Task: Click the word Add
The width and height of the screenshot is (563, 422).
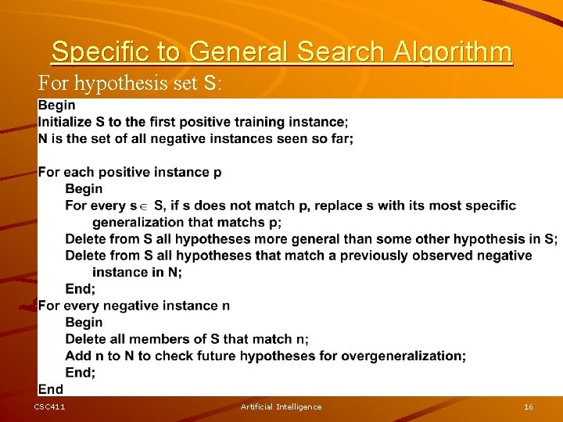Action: (x=77, y=356)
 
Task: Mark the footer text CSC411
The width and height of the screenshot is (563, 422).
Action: (x=50, y=407)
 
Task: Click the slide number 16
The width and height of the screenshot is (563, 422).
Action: (x=529, y=407)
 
